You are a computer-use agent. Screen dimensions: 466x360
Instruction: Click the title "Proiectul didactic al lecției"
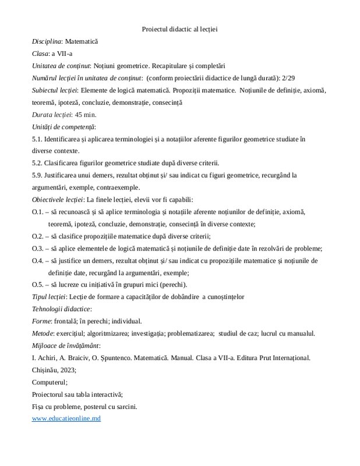(179, 29)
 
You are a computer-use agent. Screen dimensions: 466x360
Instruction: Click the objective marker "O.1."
(38, 211)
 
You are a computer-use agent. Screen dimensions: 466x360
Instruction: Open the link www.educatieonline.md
(66, 419)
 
